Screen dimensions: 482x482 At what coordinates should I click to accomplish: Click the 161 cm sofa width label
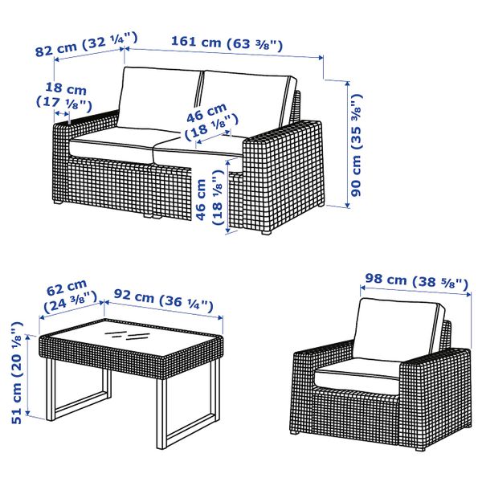pyautogui.click(x=227, y=43)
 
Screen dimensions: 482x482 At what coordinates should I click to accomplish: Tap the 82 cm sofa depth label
pyautogui.click(x=87, y=44)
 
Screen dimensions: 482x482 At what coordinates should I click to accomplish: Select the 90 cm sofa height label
pyautogui.click(x=357, y=145)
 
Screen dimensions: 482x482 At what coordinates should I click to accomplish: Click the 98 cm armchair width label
pyautogui.click(x=416, y=281)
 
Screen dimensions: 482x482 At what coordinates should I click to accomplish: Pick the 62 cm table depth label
pyautogui.click(x=69, y=296)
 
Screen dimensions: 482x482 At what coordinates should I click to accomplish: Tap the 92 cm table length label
pyautogui.click(x=164, y=300)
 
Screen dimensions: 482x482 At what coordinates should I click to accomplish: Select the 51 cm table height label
pyautogui.click(x=17, y=373)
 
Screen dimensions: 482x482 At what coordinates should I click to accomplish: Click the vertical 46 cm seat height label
pyautogui.click(x=210, y=198)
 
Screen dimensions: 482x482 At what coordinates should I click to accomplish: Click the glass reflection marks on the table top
pyautogui.click(x=123, y=335)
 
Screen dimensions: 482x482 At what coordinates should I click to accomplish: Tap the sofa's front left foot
pyautogui.click(x=58, y=202)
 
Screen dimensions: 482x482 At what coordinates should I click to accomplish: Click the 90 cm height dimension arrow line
pyautogui.click(x=348, y=144)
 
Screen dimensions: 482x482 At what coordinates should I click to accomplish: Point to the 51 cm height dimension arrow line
pyautogui.click(x=28, y=375)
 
